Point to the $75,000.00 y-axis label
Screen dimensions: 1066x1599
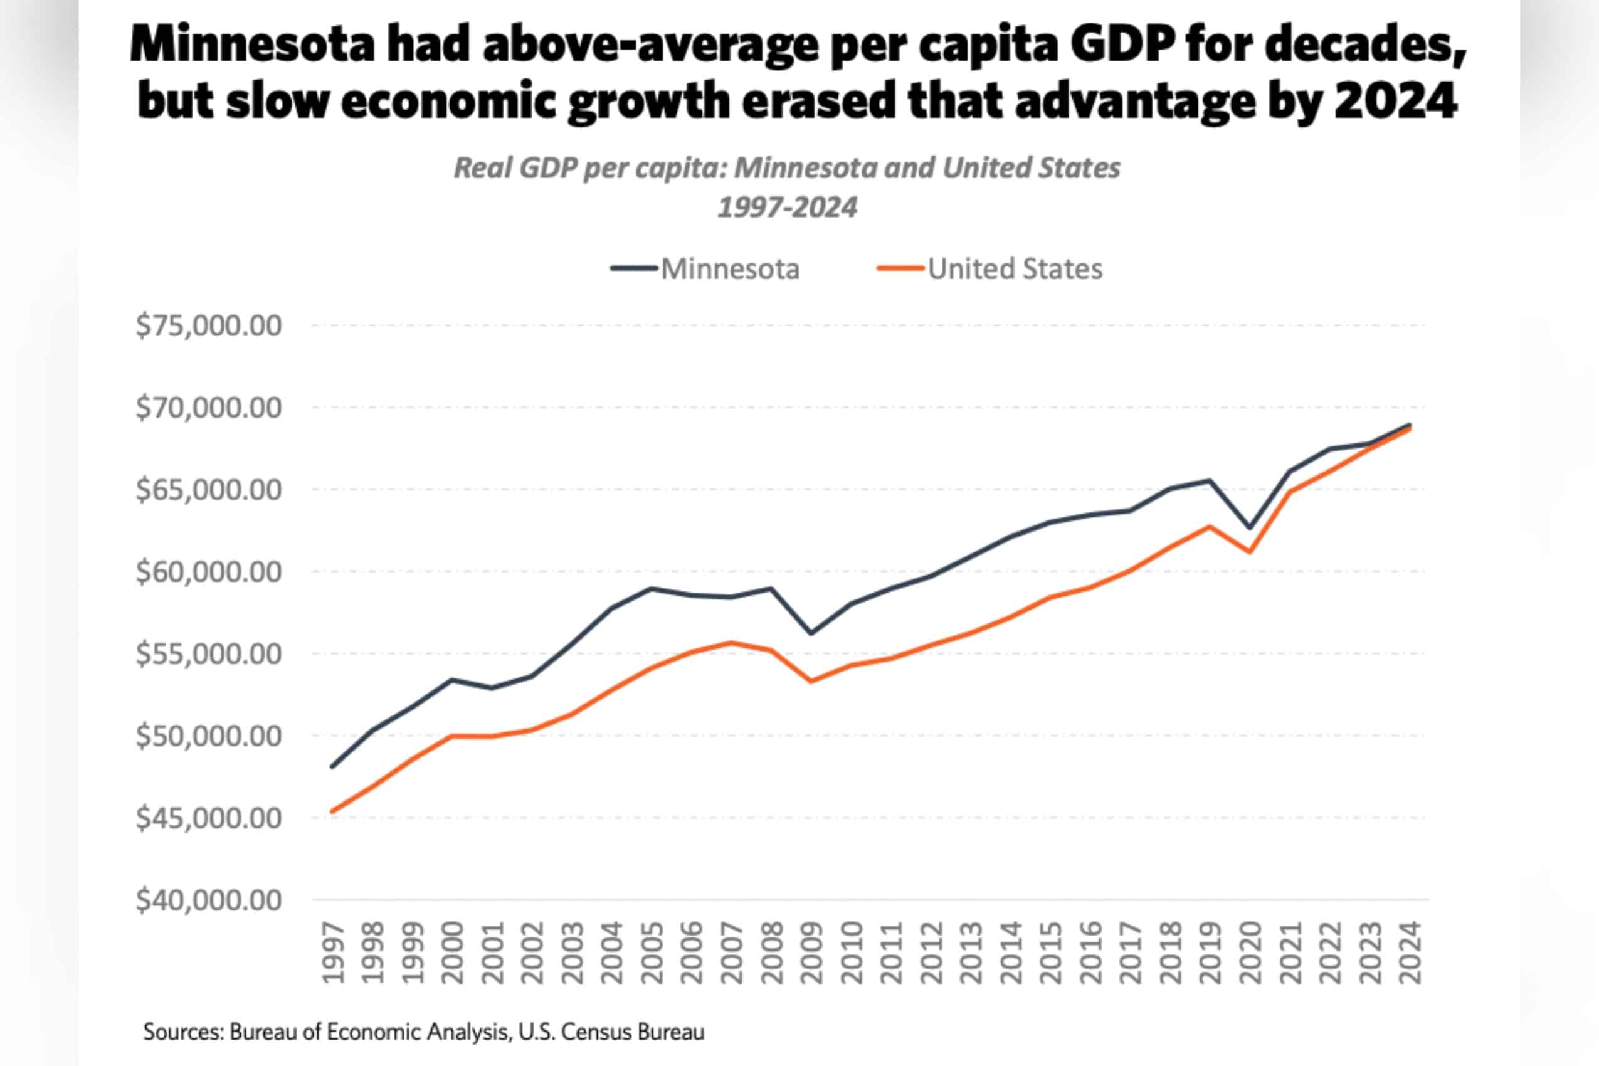point(209,325)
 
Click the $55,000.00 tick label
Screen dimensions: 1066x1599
point(209,654)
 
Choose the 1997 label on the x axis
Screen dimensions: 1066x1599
point(332,953)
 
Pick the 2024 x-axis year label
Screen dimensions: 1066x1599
point(1410,953)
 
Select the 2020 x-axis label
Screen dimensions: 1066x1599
point(1250,953)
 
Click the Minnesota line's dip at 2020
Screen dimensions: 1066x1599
point(1250,527)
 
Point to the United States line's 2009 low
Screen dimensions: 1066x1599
point(811,681)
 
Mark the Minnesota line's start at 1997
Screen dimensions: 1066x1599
point(332,767)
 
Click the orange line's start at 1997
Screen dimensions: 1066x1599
point(332,811)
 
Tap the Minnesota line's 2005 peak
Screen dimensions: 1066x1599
point(652,588)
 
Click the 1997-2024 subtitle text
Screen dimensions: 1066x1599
point(787,207)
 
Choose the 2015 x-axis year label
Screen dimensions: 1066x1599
point(1051,953)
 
